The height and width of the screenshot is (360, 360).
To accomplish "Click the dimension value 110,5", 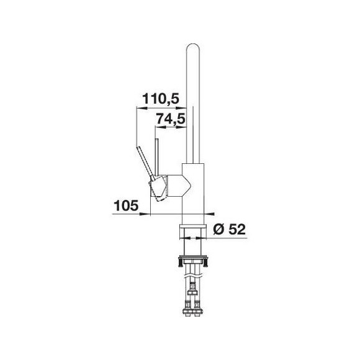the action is pos(161,99).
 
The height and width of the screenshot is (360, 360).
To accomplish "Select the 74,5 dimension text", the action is pos(171,119).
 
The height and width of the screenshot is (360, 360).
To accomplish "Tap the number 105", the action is pos(126,205).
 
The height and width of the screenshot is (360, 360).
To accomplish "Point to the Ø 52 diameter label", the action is pos(230,229).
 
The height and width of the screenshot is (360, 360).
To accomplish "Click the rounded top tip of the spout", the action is pos(193,44).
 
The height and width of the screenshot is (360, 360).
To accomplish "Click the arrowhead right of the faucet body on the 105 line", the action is pos(209,214).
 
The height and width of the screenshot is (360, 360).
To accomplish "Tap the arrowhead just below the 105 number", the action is pos(145,214).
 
